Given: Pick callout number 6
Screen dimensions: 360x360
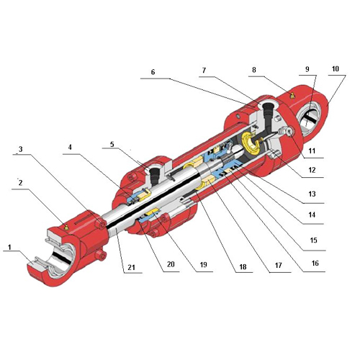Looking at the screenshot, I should tap(152, 71).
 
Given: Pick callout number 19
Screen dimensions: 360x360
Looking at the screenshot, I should tap(203, 266).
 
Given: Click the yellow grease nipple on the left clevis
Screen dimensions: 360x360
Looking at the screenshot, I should tap(66, 225).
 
